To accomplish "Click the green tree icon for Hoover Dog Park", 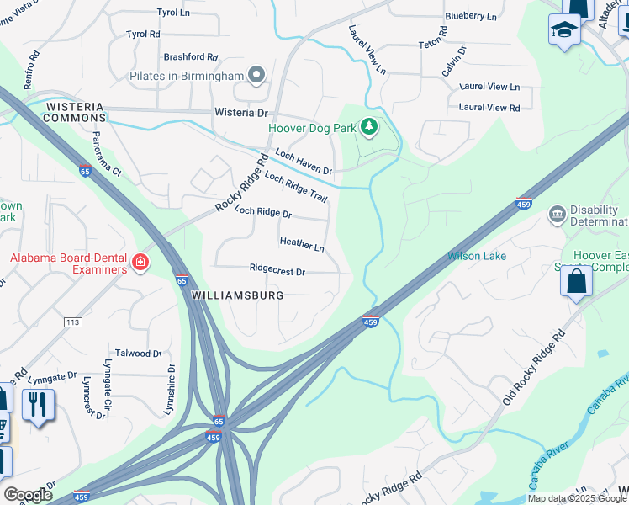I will [x=368, y=127].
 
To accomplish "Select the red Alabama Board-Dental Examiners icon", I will [x=140, y=264].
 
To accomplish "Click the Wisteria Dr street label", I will [x=240, y=112].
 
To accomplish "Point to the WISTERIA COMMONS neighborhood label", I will [x=75, y=112].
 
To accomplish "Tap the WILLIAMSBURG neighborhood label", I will [x=237, y=295].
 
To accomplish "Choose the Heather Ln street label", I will [x=302, y=244].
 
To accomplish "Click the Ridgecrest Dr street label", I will [x=277, y=271].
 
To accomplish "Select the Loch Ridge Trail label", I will [x=295, y=185].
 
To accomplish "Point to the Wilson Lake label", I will [x=477, y=256].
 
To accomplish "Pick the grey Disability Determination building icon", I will [x=557, y=215].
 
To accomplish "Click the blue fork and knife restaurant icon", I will [x=38, y=406].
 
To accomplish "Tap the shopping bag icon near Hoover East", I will [x=577, y=281].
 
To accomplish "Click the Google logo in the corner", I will [x=27, y=494].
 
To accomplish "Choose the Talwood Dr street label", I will [x=138, y=353].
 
